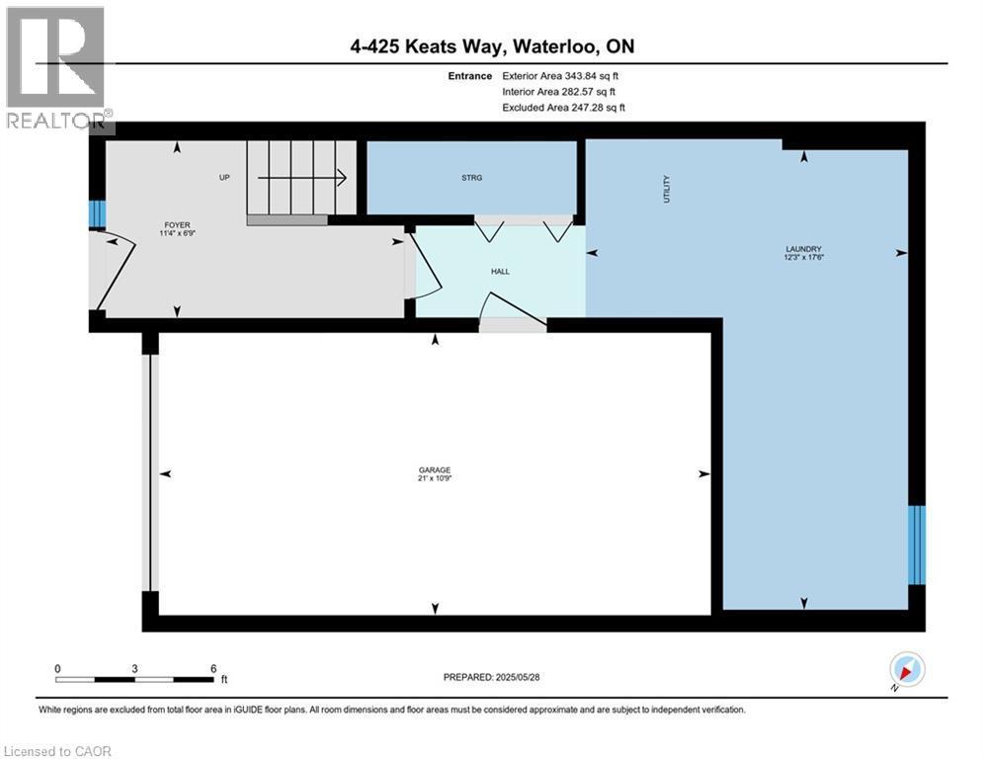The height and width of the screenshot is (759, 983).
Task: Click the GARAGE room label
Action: tap(435, 469)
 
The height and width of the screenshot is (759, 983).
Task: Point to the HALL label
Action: tap(501, 271)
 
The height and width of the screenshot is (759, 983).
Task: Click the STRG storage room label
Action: tap(472, 178)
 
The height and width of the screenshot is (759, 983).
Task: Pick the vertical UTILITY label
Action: tap(666, 190)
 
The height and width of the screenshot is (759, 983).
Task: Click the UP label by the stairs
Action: tap(224, 178)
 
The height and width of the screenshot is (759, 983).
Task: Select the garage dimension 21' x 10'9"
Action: tap(435, 478)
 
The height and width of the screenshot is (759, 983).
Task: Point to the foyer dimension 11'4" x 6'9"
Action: tap(177, 235)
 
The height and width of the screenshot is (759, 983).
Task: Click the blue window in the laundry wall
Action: tap(917, 544)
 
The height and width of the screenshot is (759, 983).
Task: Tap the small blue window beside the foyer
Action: tap(97, 213)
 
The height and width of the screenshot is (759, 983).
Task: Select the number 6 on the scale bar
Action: tap(212, 668)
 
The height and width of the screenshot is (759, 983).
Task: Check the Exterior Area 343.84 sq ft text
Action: tap(564, 75)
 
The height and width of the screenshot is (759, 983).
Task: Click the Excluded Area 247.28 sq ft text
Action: tap(564, 107)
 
